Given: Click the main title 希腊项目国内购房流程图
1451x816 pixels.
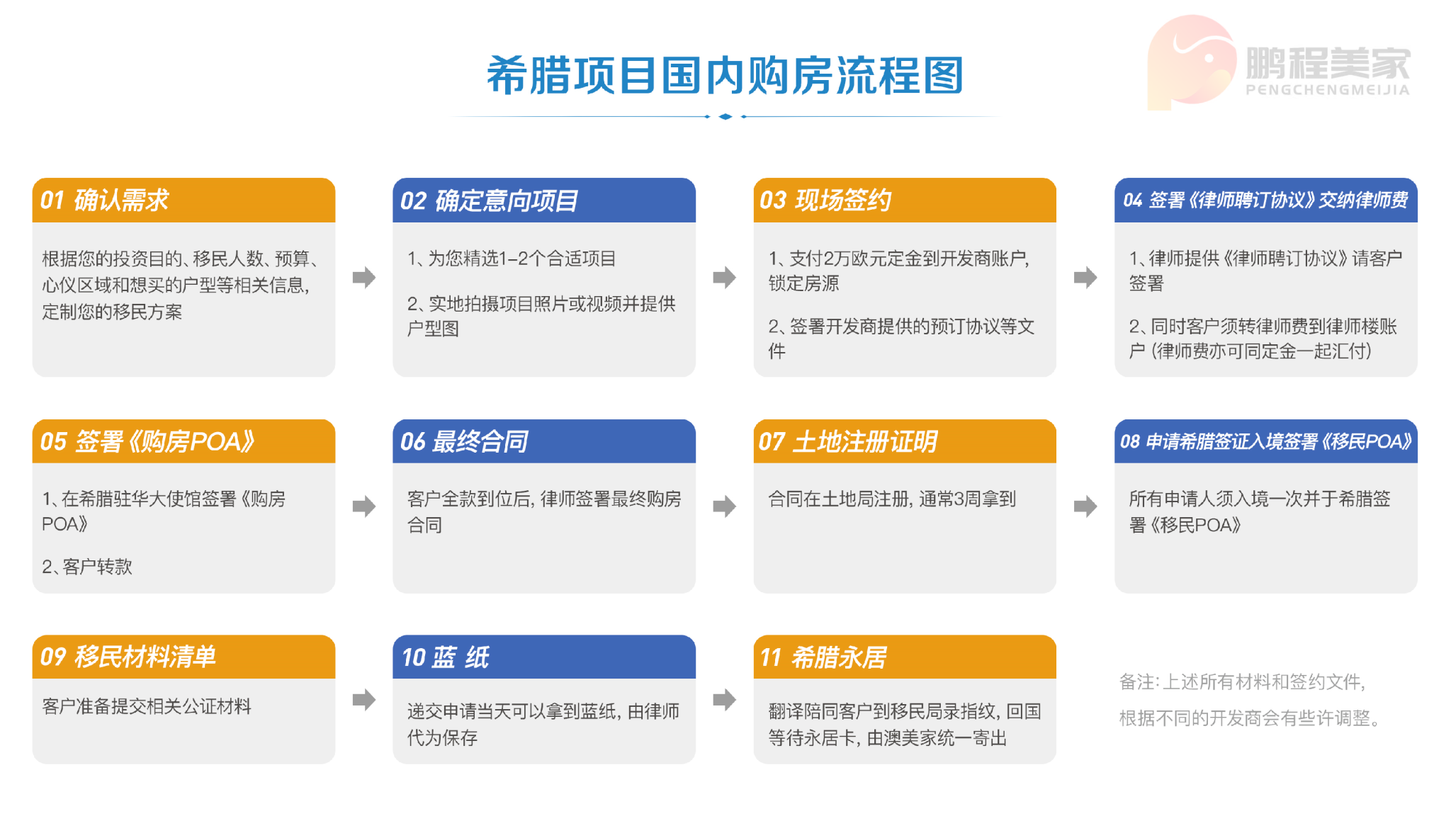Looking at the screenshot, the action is coord(725,75).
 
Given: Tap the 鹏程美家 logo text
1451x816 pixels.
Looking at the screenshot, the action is coord(1328,63).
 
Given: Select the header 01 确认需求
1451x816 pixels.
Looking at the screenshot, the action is coord(104,200).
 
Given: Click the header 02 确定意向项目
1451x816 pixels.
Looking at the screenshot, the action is coord(489,200).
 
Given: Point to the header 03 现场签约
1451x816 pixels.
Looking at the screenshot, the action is coord(825,200).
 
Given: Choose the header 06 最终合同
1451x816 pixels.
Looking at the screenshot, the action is coord(464,441).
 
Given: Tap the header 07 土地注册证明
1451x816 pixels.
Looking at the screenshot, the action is coord(848,441).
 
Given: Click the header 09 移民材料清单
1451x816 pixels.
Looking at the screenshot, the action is coord(128,657).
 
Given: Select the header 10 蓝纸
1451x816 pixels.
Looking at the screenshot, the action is coord(446,657).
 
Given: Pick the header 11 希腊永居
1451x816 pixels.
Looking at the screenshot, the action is coord(823,657).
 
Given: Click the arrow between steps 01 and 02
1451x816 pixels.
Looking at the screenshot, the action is coord(364,277).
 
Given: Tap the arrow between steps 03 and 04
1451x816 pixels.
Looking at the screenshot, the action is coord(1085,277).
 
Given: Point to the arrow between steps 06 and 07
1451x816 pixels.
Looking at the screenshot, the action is coord(725,506).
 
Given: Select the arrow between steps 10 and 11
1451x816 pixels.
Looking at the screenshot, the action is coord(725,699).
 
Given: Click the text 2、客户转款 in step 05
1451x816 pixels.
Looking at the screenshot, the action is coord(87,567).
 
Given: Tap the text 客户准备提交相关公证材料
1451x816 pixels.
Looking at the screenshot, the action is coord(147,706).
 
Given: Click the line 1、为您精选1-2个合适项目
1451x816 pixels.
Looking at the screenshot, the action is coord(512,259).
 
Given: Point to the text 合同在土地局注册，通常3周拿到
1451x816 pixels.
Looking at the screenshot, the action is coord(892,499).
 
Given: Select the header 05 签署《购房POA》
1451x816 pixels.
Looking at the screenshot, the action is coord(147,441).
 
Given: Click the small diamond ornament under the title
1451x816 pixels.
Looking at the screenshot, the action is coord(725,116).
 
